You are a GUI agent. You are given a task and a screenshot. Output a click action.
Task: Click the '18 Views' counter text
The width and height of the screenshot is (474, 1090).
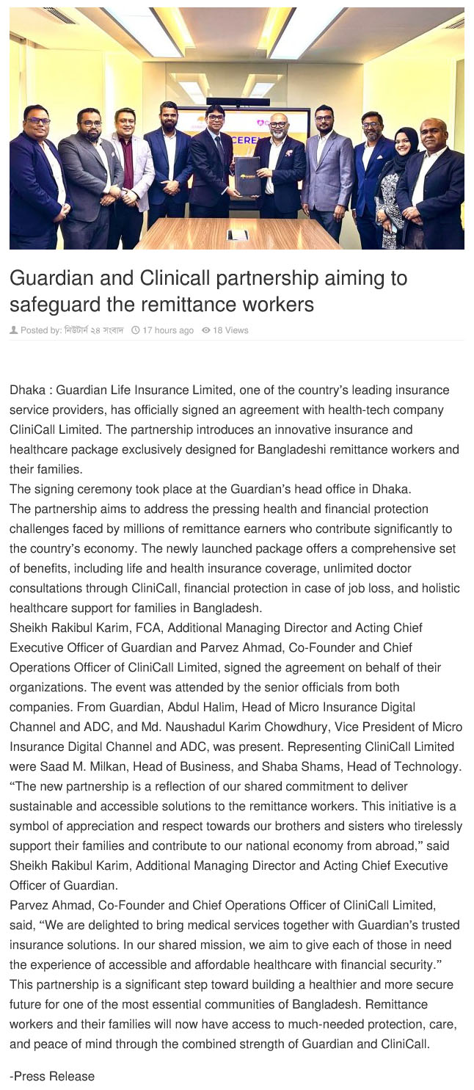tap(231, 330)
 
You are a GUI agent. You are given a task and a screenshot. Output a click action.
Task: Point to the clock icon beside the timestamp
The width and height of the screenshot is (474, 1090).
tap(135, 330)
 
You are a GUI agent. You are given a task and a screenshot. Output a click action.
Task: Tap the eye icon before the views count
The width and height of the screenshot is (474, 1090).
tap(208, 330)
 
